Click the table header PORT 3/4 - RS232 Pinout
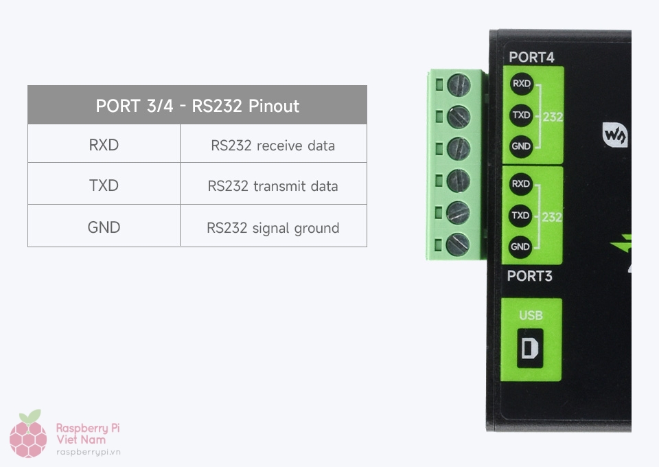point(197,106)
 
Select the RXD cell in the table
point(104,145)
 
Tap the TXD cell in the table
point(104,185)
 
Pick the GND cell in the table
point(104,227)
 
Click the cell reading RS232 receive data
point(273,145)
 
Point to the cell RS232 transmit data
point(273,185)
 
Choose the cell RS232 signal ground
point(273,227)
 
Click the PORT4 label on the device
point(531,58)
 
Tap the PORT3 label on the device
point(529,276)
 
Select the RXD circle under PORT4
point(521,84)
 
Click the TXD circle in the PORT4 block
point(521,115)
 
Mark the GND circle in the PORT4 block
point(520,146)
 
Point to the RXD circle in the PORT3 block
point(520,184)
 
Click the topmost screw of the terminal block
point(459,86)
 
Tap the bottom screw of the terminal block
point(458,244)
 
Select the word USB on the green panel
point(531,315)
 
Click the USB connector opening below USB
point(530,349)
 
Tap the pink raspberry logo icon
point(28,434)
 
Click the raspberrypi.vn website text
point(88,452)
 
